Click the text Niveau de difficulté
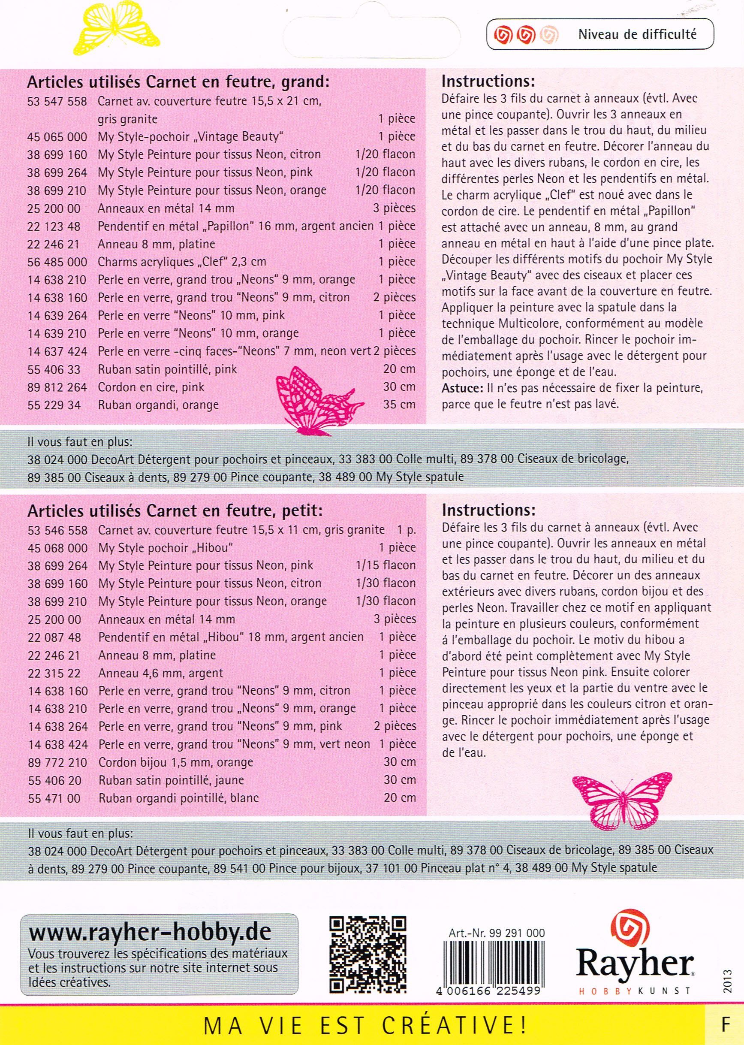(637, 34)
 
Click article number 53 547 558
(57, 101)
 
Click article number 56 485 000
(57, 262)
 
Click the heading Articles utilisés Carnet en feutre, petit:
(175, 510)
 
